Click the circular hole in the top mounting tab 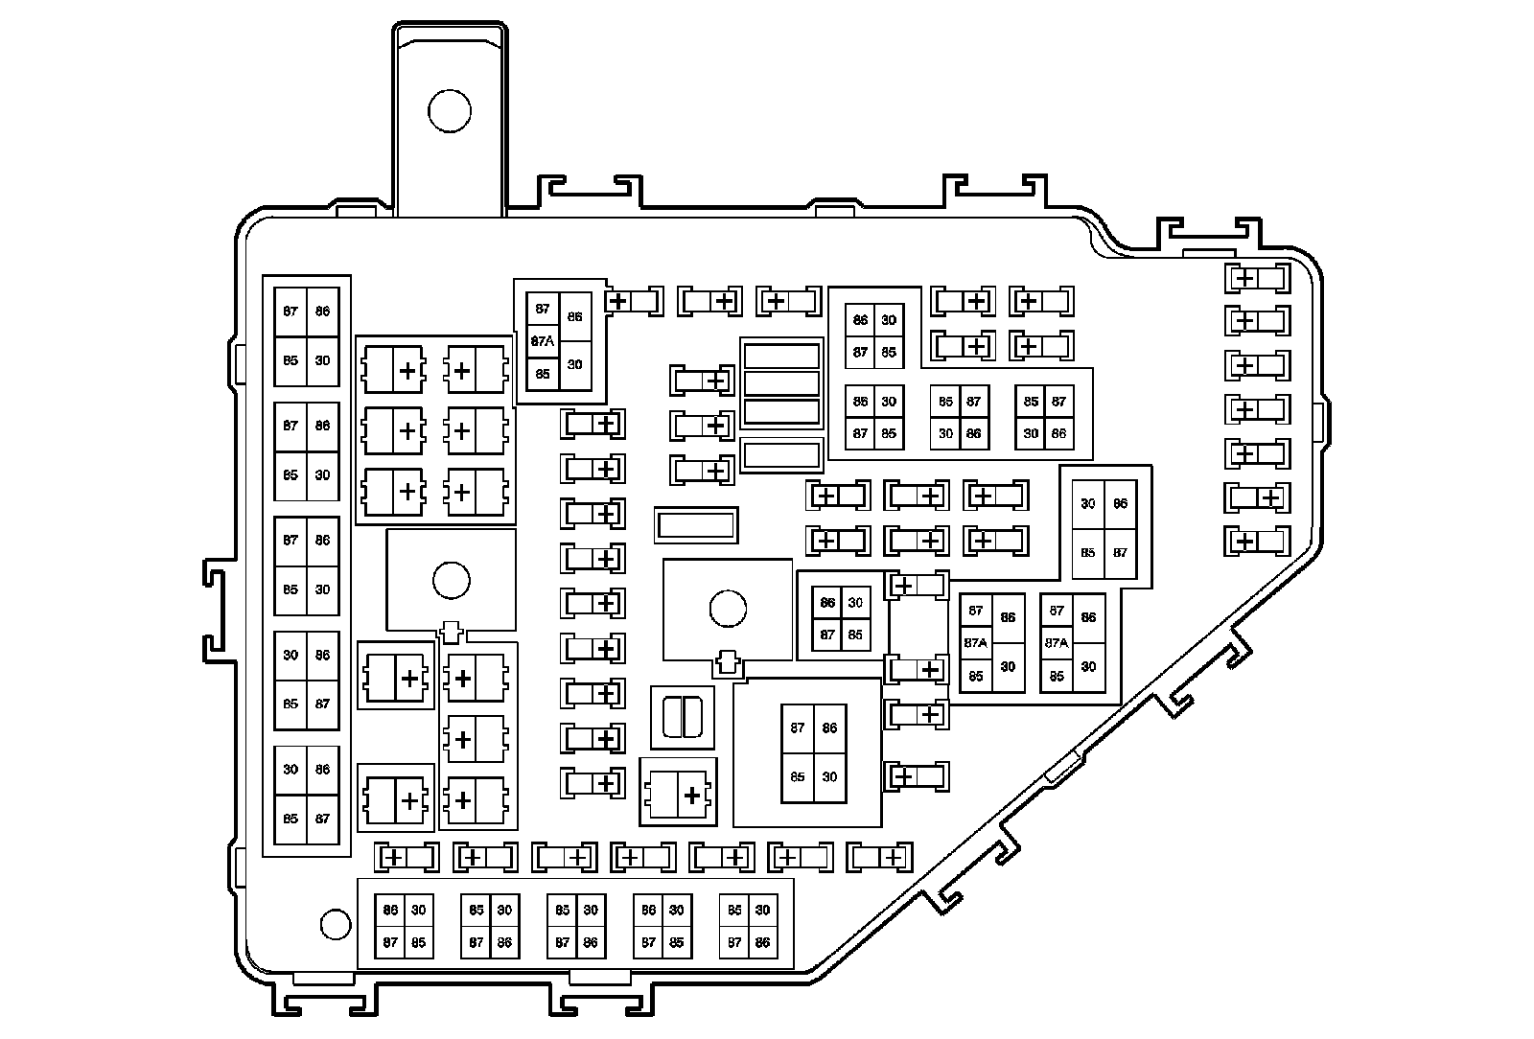tap(449, 112)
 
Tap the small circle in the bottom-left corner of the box tap(335, 924)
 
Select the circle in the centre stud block tap(728, 608)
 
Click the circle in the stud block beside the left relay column tap(451, 579)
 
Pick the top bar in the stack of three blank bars tap(781, 357)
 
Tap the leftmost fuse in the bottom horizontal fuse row tap(406, 857)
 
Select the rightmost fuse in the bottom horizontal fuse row tap(880, 857)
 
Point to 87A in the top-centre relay tap(543, 340)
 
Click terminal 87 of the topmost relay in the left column tap(291, 312)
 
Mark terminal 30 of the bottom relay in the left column tap(291, 769)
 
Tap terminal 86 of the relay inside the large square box tap(829, 727)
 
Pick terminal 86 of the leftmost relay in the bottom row tap(390, 911)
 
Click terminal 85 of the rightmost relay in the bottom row tap(734, 911)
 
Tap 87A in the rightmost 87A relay tap(1057, 643)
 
